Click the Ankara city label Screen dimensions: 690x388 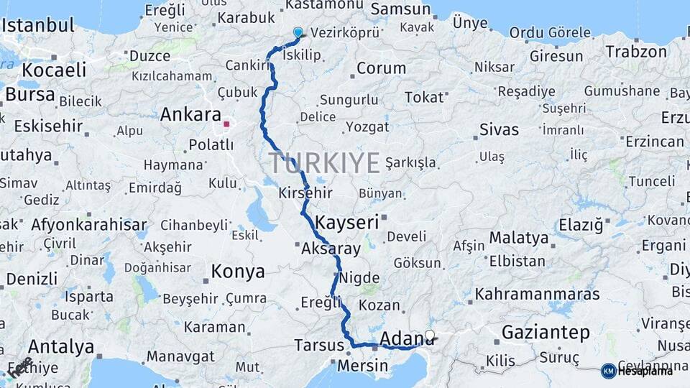pos(190,115)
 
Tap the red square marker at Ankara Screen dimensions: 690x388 pos(226,124)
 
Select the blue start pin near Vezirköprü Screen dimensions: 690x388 pos(298,32)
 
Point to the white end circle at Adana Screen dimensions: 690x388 pos(430,335)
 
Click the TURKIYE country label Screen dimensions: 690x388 pos(324,163)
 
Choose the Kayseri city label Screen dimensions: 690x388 pos(347,222)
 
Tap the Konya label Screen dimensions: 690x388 pos(238,272)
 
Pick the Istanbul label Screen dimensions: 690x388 pos(38,25)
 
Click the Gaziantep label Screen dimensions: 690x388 pos(546,333)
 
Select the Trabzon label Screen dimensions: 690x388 pos(636,52)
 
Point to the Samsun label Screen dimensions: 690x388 pos(402,10)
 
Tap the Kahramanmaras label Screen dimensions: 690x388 pos(537,295)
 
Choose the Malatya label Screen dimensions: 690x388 pos(519,238)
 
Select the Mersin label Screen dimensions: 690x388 pos(362,366)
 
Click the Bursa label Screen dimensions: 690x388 pos(29,94)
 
